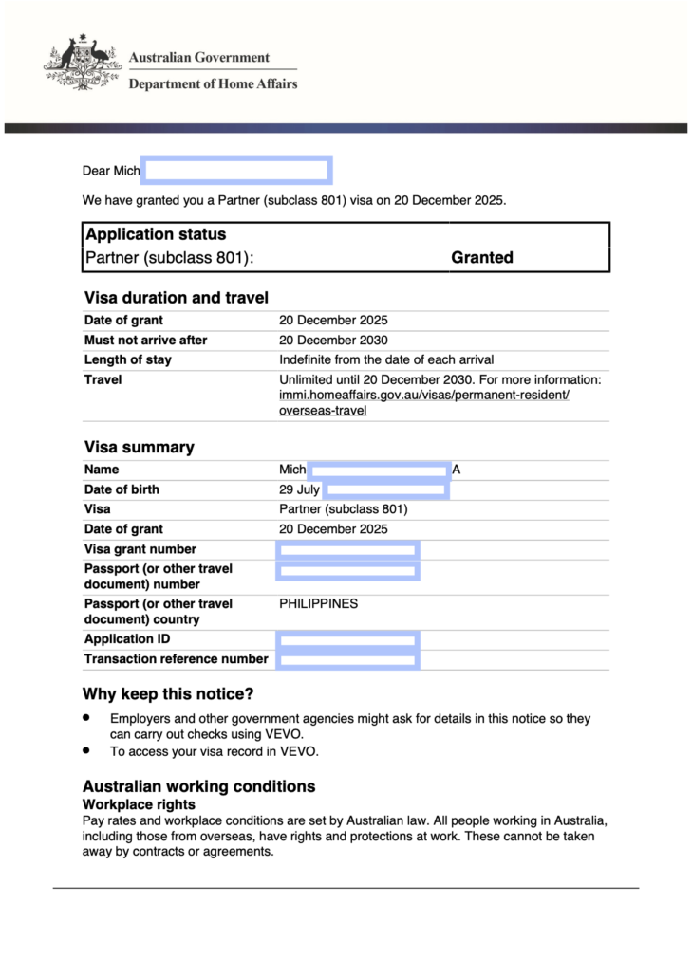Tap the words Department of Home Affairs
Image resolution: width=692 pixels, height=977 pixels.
(213, 83)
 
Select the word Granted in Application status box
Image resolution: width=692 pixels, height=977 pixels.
(482, 257)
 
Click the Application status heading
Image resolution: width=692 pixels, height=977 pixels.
(156, 234)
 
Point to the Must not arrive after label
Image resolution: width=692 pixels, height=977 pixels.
(145, 340)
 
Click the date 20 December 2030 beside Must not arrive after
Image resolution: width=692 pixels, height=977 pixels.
(333, 340)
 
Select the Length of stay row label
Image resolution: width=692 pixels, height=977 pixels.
(128, 359)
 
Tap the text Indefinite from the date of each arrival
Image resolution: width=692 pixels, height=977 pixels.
(386, 359)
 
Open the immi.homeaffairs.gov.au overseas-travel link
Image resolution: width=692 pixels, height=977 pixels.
(423, 396)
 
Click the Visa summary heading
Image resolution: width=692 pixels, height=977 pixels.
(139, 447)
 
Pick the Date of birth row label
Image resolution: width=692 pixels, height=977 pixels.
(122, 489)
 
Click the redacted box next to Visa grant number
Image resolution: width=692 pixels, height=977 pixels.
(347, 549)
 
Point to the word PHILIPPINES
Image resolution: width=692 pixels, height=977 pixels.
(318, 603)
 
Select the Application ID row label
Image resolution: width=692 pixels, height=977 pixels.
(127, 639)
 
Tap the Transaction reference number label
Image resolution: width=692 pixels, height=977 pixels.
(176, 659)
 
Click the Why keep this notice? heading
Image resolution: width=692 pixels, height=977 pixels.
(168, 694)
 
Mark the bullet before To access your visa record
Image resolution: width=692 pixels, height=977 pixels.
(87, 749)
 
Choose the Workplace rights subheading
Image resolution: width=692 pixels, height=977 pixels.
(139, 804)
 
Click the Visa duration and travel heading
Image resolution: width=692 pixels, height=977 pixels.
(176, 298)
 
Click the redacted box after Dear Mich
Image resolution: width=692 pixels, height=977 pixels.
(236, 171)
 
